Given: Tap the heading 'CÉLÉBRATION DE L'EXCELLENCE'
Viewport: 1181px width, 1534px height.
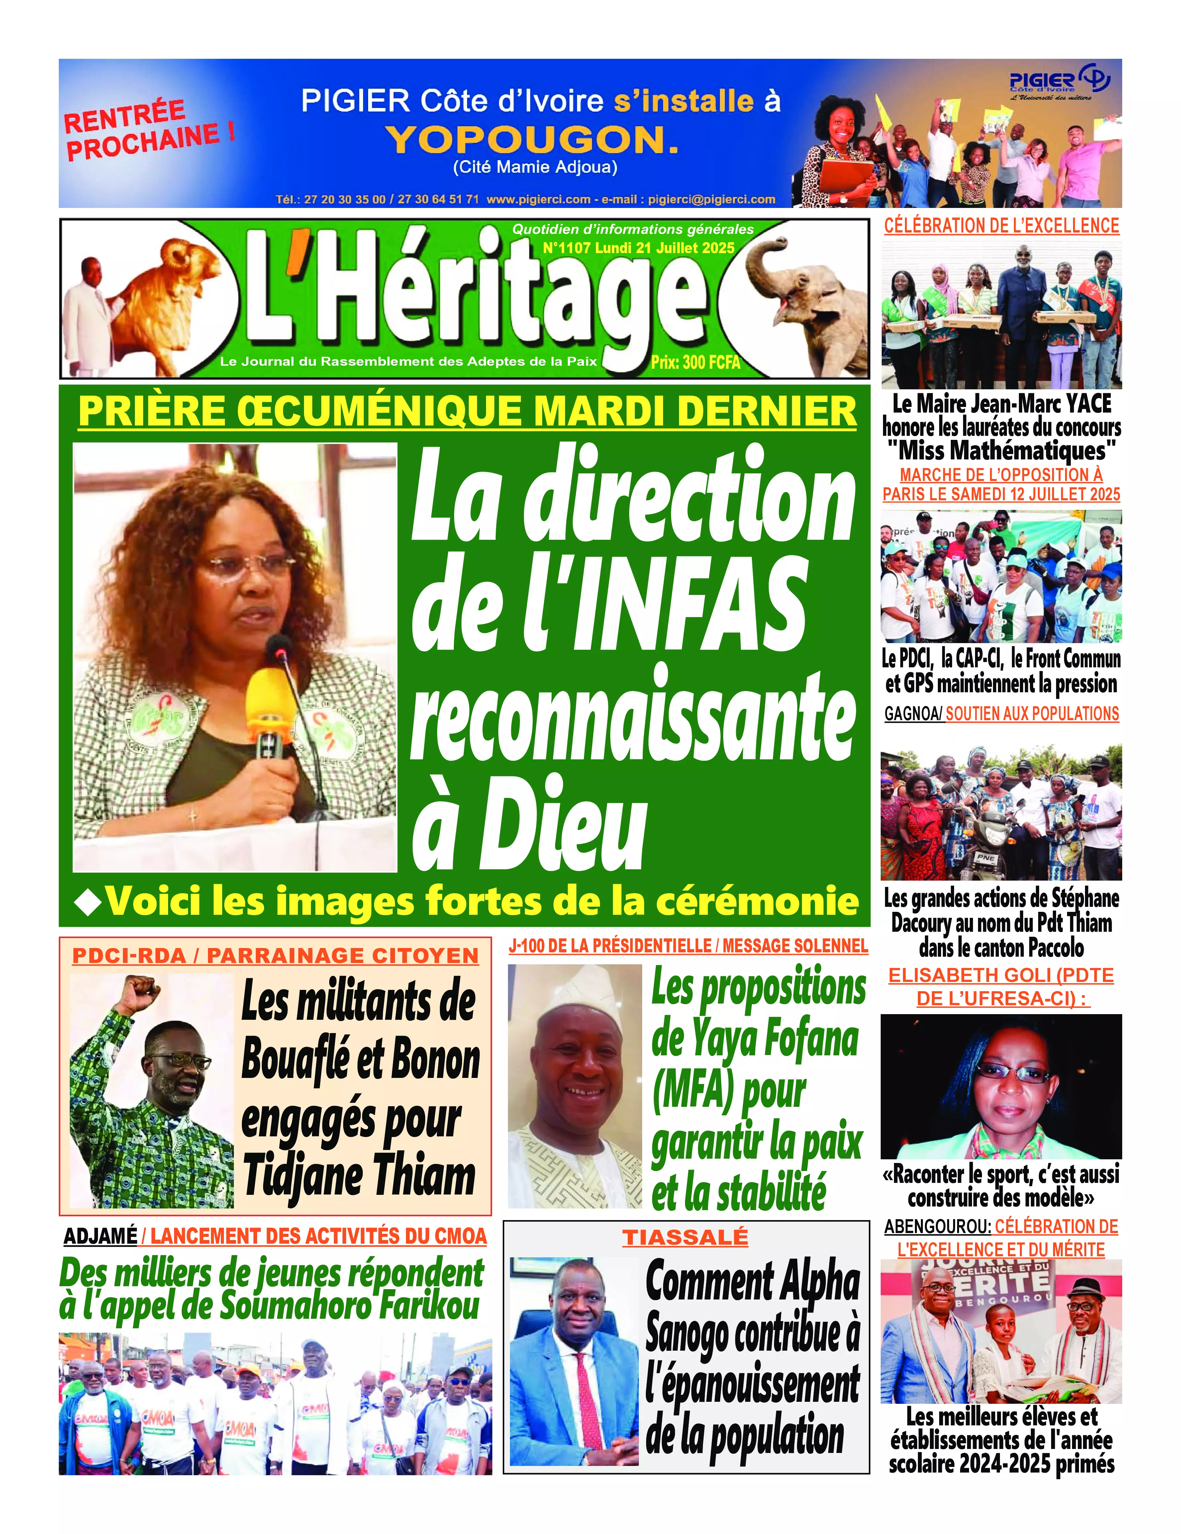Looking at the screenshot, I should [1001, 226].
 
